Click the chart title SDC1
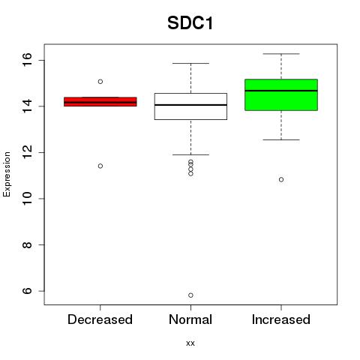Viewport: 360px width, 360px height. (190, 23)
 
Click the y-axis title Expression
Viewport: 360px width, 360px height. (7, 174)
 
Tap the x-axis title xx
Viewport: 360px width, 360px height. (190, 343)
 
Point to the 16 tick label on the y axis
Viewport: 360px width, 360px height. (27, 60)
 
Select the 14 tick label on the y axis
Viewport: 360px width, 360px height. (27, 106)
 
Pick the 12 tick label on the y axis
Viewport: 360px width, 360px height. (27, 152)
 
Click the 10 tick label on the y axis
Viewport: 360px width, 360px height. (27, 199)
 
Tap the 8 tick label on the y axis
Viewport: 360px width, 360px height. (27, 244)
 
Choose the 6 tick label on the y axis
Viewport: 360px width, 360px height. (27, 291)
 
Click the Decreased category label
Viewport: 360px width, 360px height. (100, 319)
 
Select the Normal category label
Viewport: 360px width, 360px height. (190, 319)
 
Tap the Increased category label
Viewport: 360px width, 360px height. (281, 319)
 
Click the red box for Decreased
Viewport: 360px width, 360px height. (100, 102)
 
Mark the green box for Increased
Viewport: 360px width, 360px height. (281, 94)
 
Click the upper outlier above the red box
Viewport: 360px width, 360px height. (100, 82)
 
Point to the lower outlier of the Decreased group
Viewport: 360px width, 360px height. (100, 166)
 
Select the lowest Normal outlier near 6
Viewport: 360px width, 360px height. (190, 295)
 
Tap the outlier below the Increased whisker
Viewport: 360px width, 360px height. (281, 179)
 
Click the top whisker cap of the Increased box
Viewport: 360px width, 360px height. (281, 54)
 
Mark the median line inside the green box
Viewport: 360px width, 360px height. (281, 91)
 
